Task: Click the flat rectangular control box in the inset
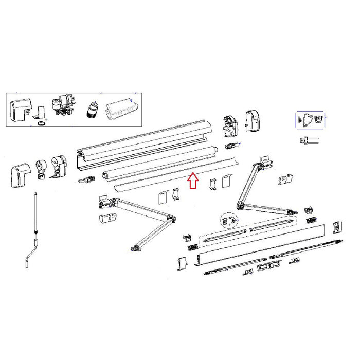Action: point(121,108)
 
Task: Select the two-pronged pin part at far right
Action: point(308,140)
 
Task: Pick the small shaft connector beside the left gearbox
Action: point(87,181)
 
